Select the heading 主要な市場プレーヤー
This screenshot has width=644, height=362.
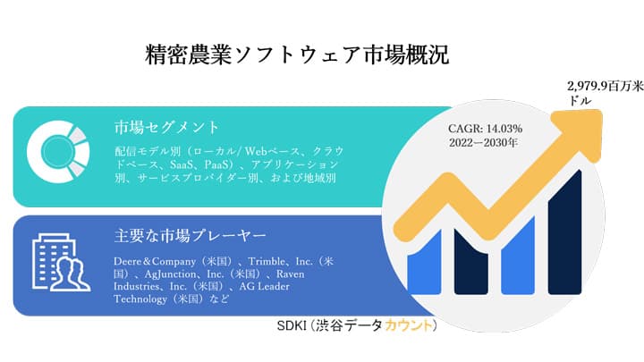(x=191, y=236)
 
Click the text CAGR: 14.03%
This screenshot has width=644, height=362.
(x=486, y=128)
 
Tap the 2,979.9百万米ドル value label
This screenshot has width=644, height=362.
(x=600, y=95)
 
